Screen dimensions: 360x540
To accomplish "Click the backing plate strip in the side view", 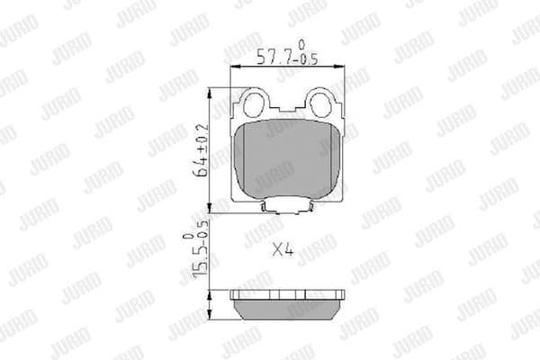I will pyautogui.click(x=289, y=295).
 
